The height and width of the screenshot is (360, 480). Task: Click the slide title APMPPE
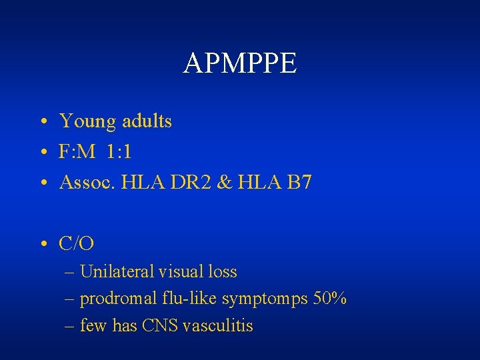coord(240,63)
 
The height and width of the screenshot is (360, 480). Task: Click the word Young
coord(87,122)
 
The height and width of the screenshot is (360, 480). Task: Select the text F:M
coord(77,152)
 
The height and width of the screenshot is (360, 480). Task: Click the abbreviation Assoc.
coord(85,182)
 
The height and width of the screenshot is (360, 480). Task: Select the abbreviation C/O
coord(77,244)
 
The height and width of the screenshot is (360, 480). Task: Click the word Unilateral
coord(117,272)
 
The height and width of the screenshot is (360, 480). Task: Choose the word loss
coord(222,272)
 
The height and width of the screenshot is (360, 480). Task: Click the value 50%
coord(329,299)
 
